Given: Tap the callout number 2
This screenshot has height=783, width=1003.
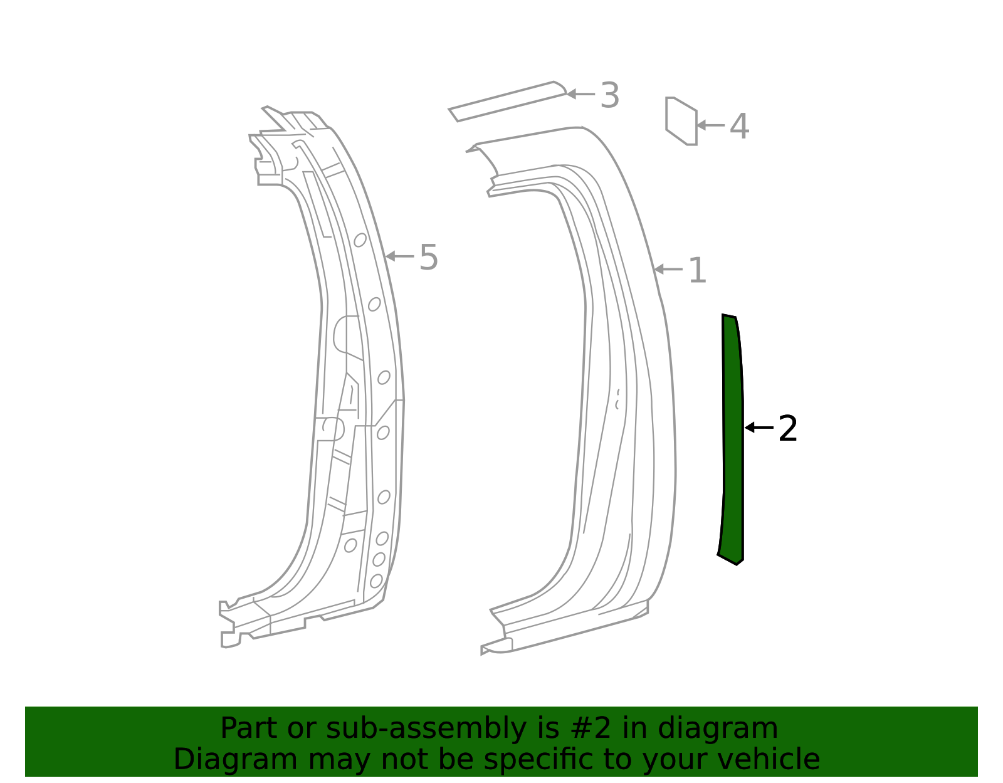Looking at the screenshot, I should point(787,429).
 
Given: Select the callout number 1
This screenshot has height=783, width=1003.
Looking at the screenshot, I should point(697,270).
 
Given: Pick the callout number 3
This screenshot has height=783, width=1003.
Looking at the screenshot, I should point(609,95).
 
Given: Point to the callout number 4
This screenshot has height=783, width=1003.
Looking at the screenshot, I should point(739,126).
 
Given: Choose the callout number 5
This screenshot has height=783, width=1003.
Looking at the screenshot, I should point(428,257).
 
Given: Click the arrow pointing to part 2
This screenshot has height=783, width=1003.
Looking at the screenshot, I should point(759,428).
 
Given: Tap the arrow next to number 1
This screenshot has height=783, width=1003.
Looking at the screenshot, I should point(668,270).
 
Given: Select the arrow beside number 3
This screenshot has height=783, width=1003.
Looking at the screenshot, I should point(580,94).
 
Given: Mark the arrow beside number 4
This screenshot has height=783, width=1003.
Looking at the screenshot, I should point(710,125).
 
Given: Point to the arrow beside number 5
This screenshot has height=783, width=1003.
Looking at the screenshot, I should point(399,256).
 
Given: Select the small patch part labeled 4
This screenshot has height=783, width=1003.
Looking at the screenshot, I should point(681,120).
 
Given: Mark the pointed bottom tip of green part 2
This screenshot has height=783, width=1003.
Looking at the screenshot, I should point(737,564).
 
